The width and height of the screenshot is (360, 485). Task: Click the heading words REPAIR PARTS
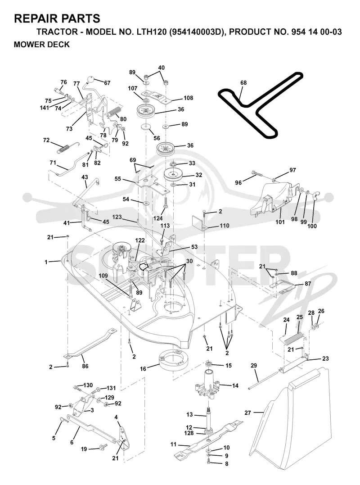pyautogui.click(x=57, y=18)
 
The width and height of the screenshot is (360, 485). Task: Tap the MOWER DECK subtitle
pyautogui.click(x=42, y=45)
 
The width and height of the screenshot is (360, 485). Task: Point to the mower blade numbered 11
pyautogui.click(x=209, y=438)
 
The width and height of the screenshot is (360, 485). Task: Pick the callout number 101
pyautogui.click(x=279, y=222)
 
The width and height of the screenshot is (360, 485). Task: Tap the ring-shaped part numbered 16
pyautogui.click(x=172, y=359)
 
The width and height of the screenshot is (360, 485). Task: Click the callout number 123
pyautogui.click(x=117, y=217)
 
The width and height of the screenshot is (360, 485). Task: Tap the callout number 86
pyautogui.click(x=85, y=366)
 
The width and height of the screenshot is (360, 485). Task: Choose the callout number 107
pyautogui.click(x=133, y=88)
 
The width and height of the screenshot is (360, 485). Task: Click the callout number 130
pyautogui.click(x=88, y=385)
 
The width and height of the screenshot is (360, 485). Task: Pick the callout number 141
pyautogui.click(x=45, y=108)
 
